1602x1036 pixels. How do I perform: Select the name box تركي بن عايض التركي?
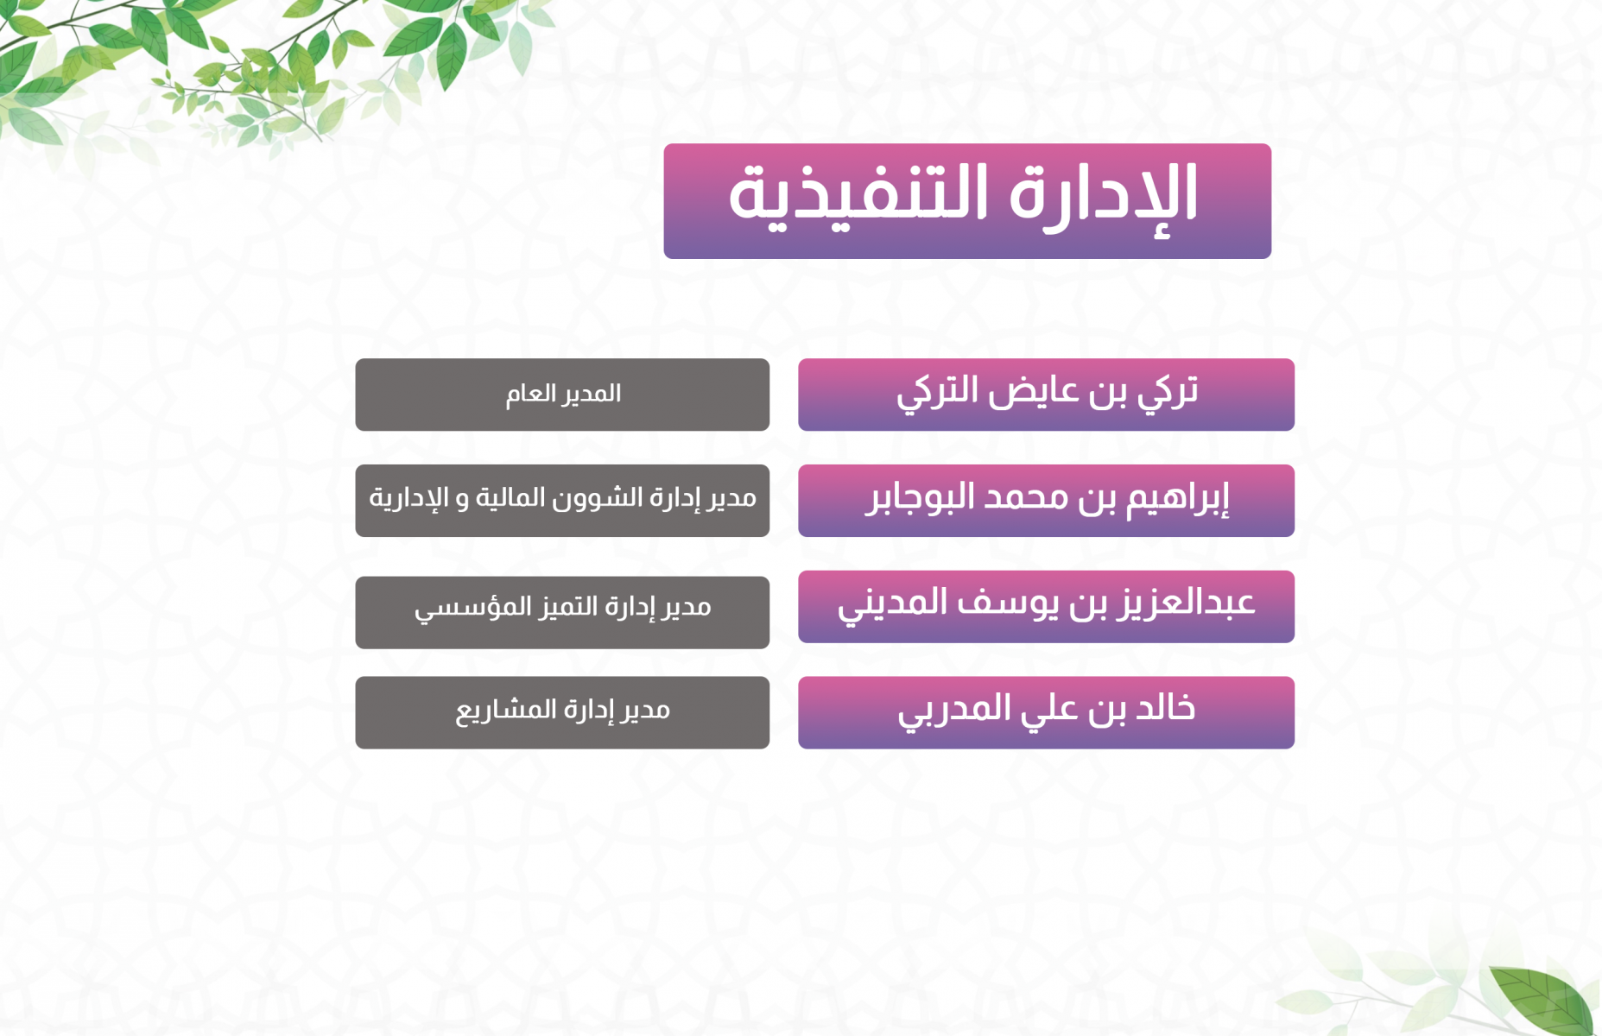click(1046, 395)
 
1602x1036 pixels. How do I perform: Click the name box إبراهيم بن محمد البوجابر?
click(1046, 501)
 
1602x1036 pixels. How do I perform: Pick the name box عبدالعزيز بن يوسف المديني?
click(1046, 607)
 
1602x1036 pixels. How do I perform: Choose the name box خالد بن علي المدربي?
click(1046, 712)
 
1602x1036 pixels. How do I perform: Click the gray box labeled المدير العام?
click(562, 395)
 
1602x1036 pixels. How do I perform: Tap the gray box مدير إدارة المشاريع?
click(562, 712)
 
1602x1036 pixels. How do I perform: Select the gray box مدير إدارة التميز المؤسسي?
click(562, 612)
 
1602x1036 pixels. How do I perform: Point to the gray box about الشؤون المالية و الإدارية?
click(562, 501)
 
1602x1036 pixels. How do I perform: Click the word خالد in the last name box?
click(1165, 707)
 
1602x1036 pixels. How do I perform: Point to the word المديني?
click(893, 604)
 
